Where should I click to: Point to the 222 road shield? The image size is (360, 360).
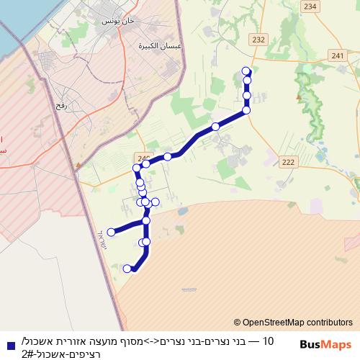pyautogui.click(x=289, y=163)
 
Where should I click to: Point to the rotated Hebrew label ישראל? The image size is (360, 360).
pyautogui.click(x=100, y=240)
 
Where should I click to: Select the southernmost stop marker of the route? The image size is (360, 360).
pyautogui.click(x=127, y=269)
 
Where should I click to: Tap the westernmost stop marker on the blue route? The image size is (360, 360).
pyautogui.click(x=111, y=232)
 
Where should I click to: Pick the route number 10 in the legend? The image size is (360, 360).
pyautogui.click(x=268, y=341)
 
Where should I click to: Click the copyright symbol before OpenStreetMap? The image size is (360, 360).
pyautogui.click(x=238, y=323)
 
